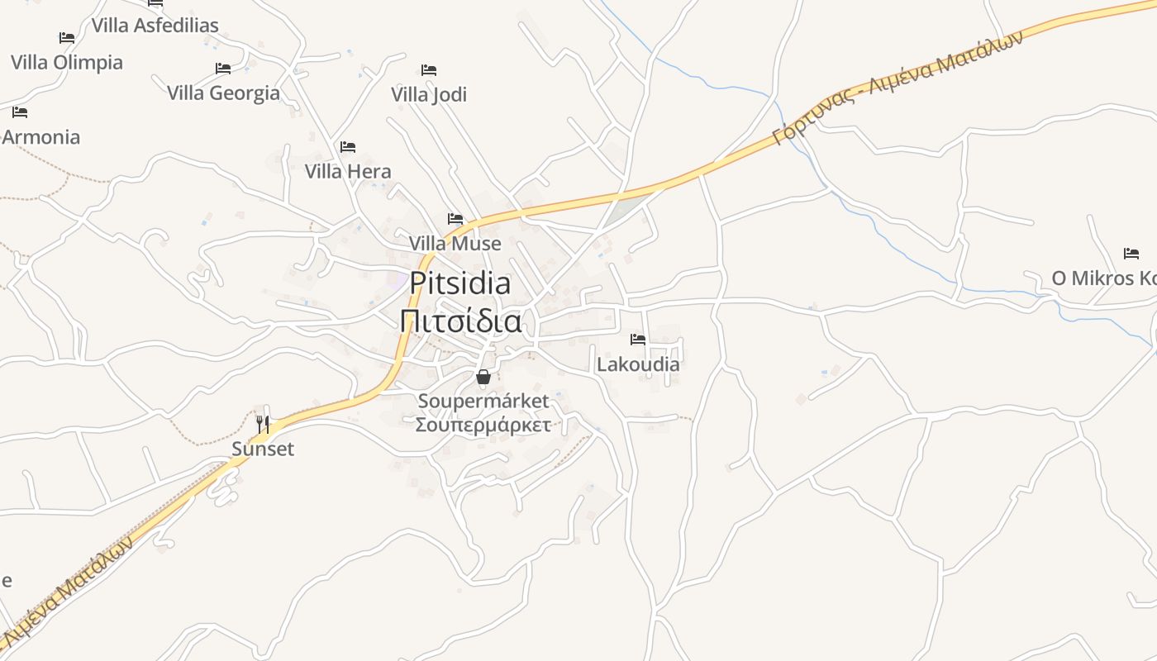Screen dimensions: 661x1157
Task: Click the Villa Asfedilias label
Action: coord(155,26)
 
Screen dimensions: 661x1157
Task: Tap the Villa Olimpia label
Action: coord(66,63)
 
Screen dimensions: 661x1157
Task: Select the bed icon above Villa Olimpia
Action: coord(67,38)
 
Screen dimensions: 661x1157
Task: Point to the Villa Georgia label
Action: coord(223,93)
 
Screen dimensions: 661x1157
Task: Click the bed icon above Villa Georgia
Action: coord(223,69)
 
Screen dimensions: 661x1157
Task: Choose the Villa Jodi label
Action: coord(429,95)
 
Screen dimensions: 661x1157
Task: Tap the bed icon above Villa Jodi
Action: coord(429,70)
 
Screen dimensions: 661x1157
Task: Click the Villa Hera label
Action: coord(348,172)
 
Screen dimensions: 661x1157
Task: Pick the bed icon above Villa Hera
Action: coord(348,147)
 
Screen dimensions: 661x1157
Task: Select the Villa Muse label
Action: coord(455,244)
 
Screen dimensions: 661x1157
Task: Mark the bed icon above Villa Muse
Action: coord(455,219)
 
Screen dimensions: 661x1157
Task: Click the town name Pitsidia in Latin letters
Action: coord(460,283)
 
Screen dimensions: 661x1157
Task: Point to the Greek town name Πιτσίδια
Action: coord(460,321)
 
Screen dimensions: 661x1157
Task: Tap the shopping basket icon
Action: coord(483,378)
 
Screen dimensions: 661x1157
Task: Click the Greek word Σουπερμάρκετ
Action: coord(483,426)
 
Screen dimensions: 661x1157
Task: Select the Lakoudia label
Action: coord(638,364)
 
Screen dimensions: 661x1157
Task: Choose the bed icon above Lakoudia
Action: coord(638,340)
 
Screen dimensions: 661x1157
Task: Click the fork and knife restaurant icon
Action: coord(263,425)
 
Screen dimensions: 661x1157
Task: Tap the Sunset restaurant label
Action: coord(263,449)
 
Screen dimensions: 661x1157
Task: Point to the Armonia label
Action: coord(41,137)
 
